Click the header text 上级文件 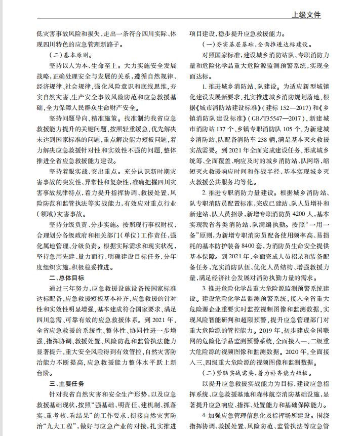tap(306, 16)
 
